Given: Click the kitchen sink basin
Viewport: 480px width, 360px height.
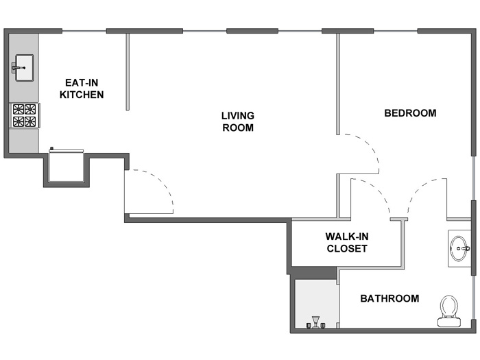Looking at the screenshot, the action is point(25,68).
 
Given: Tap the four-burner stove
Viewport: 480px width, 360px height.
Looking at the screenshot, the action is point(25,115).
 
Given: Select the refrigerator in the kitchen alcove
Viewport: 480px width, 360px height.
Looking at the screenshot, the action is point(67,166).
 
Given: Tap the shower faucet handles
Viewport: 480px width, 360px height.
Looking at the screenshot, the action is point(315,323).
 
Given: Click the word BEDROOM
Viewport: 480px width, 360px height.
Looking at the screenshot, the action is point(410,113).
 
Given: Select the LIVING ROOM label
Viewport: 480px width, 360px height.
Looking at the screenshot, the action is point(238,121).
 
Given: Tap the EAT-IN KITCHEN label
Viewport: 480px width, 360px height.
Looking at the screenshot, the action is point(82,88).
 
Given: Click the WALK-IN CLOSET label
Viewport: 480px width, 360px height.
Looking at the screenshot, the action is point(347,243).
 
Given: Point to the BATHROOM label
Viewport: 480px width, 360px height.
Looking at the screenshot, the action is point(389,298).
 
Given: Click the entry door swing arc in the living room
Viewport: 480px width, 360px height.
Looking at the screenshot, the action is point(160,183).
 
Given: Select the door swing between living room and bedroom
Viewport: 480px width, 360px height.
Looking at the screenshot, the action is point(370,147).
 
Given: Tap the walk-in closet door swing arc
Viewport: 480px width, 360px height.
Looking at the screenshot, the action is point(379,191).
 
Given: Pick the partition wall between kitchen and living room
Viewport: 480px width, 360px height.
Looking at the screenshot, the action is point(128,71).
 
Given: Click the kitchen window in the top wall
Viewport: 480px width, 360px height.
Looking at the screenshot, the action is point(84,31).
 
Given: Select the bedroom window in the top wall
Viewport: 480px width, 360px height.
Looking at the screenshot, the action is point(396,31).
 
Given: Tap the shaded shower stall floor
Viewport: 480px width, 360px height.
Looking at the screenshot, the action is point(316,303).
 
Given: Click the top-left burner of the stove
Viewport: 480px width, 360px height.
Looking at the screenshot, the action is point(19,109).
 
